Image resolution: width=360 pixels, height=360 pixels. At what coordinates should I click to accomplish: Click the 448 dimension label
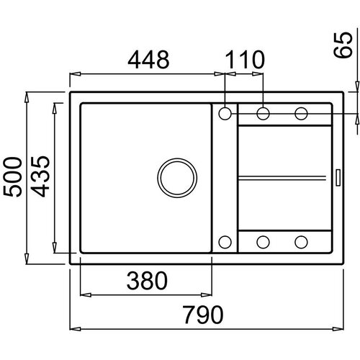tap(148, 59)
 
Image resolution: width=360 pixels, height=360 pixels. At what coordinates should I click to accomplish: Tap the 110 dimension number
tap(245, 59)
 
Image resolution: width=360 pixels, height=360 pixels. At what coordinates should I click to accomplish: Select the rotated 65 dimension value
tap(343, 45)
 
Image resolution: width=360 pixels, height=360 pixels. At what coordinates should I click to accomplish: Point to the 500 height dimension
tap(12, 177)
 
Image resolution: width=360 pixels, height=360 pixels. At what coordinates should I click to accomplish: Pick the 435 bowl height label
tap(40, 176)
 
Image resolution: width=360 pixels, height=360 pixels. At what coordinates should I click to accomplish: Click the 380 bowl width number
tap(147, 281)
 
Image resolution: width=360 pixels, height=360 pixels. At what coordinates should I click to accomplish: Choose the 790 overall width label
tap(203, 315)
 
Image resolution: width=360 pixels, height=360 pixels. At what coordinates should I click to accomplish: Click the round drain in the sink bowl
tap(177, 178)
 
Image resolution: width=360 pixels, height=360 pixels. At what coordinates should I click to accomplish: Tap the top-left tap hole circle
tap(225, 114)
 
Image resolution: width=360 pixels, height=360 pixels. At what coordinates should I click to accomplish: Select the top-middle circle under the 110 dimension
tap(263, 114)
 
